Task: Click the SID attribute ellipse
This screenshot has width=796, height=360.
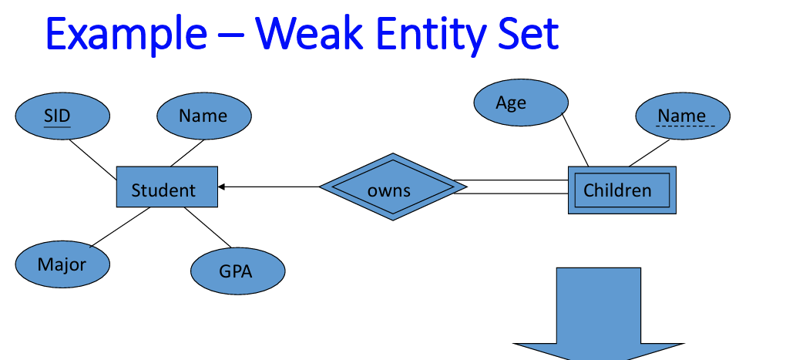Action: tap(62, 116)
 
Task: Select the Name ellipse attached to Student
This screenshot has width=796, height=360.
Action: tap(204, 116)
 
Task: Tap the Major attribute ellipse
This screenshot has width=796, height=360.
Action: tap(62, 264)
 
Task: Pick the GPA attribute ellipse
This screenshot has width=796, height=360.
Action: tap(238, 271)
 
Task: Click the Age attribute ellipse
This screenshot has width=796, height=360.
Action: tap(521, 102)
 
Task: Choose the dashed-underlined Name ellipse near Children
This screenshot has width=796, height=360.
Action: tap(683, 116)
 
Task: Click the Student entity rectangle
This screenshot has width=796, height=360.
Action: tap(167, 187)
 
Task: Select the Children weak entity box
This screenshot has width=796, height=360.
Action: tap(622, 190)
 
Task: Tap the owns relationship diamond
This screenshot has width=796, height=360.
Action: tap(393, 187)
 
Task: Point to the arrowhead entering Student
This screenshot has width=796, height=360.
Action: tap(221, 187)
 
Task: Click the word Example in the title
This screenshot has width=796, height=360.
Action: tap(126, 34)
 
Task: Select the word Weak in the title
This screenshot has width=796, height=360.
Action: tap(309, 33)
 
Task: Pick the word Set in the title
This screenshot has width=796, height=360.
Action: tap(528, 33)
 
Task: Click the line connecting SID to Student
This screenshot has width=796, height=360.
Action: tap(92, 159)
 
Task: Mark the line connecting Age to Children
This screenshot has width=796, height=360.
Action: tap(575, 140)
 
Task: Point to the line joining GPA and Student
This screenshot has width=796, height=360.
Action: tap(207, 227)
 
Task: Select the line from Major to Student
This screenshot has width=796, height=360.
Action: tap(119, 227)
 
